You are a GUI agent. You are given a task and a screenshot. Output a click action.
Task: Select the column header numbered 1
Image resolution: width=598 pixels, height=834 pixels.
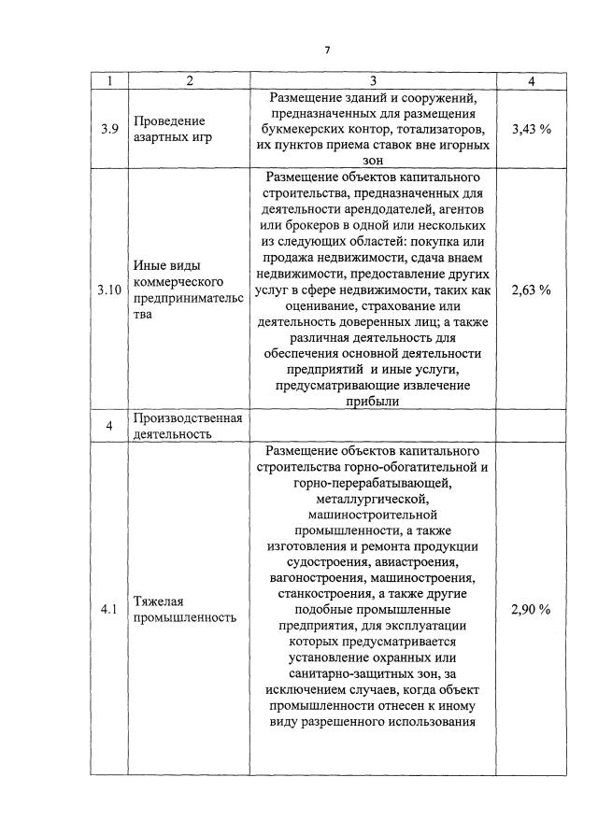pyautogui.click(x=110, y=81)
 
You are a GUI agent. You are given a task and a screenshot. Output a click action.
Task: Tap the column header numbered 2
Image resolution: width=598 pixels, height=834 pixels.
pyautogui.click(x=189, y=81)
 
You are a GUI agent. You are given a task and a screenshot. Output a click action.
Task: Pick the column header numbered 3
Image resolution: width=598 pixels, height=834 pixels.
pyautogui.click(x=373, y=81)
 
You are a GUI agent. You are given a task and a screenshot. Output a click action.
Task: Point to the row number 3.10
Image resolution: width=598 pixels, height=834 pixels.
pyautogui.click(x=110, y=290)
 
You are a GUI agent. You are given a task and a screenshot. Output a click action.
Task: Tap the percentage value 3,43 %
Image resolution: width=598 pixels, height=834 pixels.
pyautogui.click(x=531, y=129)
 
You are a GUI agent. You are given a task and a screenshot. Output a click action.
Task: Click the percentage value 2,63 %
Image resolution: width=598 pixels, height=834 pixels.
pyautogui.click(x=531, y=290)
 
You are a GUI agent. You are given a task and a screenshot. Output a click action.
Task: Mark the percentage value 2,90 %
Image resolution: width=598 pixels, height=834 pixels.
pyautogui.click(x=531, y=609)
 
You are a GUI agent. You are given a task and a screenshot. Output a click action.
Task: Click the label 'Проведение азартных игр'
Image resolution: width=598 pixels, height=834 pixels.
pyautogui.click(x=169, y=129)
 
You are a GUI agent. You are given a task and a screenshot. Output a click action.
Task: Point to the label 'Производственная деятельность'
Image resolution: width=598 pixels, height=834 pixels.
pyautogui.click(x=188, y=426)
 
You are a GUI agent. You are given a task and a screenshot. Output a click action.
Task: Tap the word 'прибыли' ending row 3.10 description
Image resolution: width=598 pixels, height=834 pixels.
pyautogui.click(x=373, y=402)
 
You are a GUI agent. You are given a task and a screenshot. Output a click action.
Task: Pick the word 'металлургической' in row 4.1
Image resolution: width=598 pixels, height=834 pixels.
pyautogui.click(x=373, y=499)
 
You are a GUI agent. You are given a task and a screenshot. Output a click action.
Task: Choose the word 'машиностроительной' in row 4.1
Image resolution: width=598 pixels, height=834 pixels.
pyautogui.click(x=373, y=515)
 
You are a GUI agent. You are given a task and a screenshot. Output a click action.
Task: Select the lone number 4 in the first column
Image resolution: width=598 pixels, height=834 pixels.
pyautogui.click(x=110, y=426)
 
